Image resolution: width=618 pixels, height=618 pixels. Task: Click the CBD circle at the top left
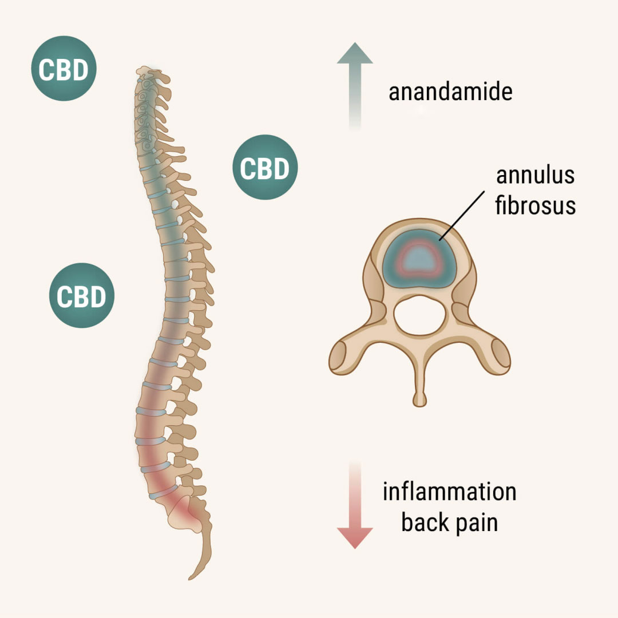(x=64, y=69)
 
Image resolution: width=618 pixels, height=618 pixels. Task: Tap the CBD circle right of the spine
(x=265, y=167)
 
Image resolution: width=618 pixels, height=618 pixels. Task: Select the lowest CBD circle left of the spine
(x=82, y=295)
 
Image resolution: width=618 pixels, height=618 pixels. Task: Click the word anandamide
(x=450, y=92)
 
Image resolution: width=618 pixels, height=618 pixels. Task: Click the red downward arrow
(x=355, y=505)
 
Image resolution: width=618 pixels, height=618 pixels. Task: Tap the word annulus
(x=535, y=175)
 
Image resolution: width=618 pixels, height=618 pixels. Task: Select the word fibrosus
(x=535, y=205)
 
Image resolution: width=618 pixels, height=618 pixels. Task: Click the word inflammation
(x=450, y=492)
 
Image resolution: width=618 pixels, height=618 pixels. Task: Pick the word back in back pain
(x=425, y=522)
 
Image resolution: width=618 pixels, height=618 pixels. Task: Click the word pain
(x=476, y=524)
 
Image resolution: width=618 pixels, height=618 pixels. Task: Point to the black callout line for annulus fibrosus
(x=462, y=216)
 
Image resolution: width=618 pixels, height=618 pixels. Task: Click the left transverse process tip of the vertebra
(x=338, y=358)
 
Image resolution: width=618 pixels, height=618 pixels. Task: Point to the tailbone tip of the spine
(x=190, y=579)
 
